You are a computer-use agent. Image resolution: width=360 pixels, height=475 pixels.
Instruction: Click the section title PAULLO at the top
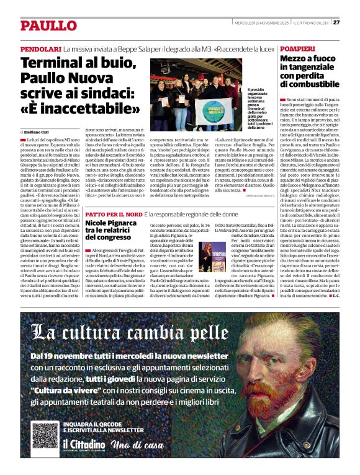click(48, 25)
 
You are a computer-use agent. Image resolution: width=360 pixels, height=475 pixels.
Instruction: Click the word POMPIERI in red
click(297, 48)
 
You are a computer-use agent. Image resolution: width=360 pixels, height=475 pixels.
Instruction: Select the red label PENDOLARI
click(40, 48)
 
